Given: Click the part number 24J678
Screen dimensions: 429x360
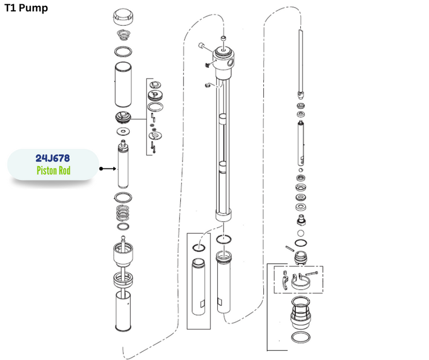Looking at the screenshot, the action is (53, 158).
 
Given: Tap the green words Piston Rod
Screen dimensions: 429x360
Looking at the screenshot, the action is (53, 170).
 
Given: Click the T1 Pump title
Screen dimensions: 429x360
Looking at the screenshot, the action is (26, 8).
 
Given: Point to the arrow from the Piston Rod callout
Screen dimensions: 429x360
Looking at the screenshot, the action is (108, 168).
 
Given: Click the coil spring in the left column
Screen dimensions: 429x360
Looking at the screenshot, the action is (123, 212).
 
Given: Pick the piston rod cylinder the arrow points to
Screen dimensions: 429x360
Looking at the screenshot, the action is (123, 164).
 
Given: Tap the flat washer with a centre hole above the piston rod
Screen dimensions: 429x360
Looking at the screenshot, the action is (123, 131).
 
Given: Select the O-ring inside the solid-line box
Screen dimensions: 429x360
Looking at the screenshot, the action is (199, 248).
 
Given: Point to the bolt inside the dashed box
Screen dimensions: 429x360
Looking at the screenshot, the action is (312, 273).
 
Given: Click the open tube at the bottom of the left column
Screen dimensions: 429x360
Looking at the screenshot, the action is (123, 311).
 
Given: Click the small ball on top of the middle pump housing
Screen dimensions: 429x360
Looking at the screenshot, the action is (224, 38).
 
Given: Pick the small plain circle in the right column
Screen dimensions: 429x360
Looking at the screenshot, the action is (300, 233).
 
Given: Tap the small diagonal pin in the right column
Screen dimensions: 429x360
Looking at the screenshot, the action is (290, 248).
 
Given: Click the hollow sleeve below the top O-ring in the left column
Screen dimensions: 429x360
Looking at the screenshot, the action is (123, 85).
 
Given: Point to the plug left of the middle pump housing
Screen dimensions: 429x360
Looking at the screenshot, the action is (203, 46).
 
